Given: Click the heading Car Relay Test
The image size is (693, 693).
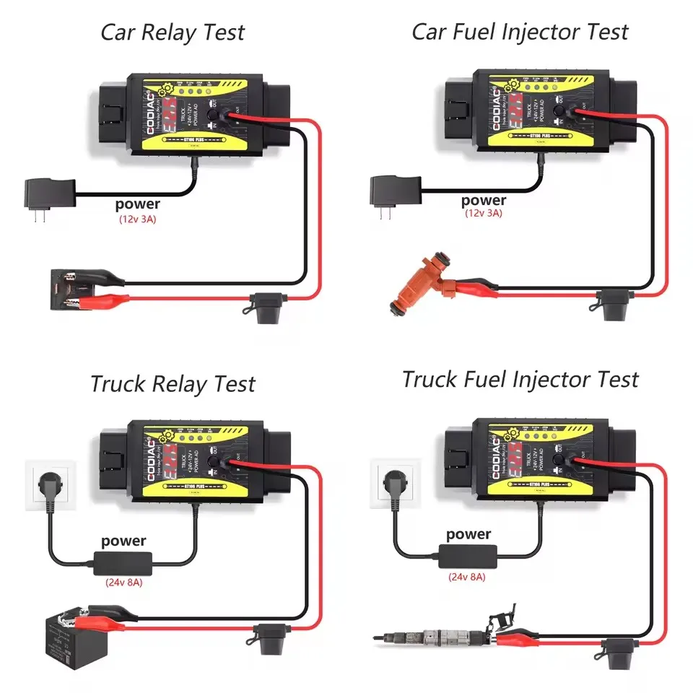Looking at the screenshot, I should pos(173,33).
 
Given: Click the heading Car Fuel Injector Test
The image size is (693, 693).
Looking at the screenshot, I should pos(520,32).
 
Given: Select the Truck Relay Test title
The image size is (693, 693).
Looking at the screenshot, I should pos(173,383).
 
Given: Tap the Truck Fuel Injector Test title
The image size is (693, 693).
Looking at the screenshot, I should pos(520,379).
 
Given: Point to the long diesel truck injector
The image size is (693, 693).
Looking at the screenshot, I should pos(440,635).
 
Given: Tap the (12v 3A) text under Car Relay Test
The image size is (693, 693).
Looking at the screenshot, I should pos(137,218).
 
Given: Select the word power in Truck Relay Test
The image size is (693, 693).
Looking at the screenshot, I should pos(123,541).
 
